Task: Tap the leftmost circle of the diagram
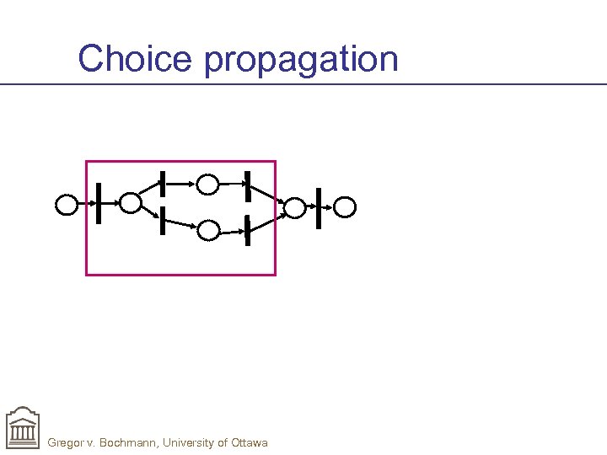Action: [67, 205]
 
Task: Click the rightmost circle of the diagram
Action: [346, 206]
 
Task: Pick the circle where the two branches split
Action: [130, 202]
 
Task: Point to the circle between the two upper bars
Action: [207, 184]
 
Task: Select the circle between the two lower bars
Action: [208, 230]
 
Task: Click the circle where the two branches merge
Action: [294, 207]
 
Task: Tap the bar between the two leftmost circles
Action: [99, 203]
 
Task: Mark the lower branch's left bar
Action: [160, 220]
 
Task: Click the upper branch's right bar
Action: [247, 185]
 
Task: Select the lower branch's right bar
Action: [247, 230]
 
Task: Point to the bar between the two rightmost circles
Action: [319, 207]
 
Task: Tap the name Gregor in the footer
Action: [68, 442]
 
